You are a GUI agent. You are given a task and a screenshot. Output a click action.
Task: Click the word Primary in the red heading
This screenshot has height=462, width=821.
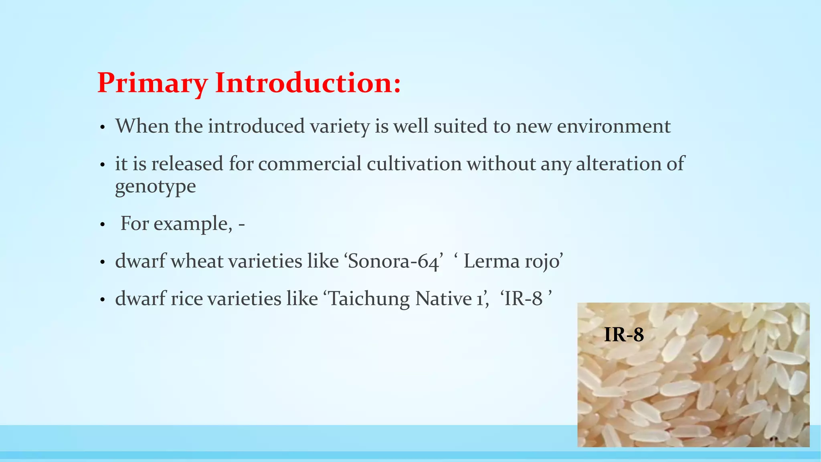click(152, 83)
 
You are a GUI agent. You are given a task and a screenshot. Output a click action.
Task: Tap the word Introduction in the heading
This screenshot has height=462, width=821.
click(307, 83)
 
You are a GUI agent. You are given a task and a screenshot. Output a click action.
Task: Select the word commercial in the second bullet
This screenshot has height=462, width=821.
click(309, 164)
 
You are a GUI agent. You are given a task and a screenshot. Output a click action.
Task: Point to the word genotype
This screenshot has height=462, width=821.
click(156, 186)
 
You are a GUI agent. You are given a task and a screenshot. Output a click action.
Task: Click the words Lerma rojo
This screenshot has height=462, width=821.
click(513, 261)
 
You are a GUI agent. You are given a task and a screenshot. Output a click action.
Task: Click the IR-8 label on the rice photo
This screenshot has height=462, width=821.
click(623, 334)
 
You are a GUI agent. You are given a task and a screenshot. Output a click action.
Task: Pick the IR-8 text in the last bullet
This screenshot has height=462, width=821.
click(523, 299)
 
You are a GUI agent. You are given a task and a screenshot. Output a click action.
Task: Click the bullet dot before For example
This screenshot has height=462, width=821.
click(102, 225)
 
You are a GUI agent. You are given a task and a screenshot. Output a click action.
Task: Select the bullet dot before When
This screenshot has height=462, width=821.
click(102, 128)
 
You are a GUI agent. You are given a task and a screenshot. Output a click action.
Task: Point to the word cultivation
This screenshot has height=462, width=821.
click(414, 164)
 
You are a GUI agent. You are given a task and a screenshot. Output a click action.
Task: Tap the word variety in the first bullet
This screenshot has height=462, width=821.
click(340, 126)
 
